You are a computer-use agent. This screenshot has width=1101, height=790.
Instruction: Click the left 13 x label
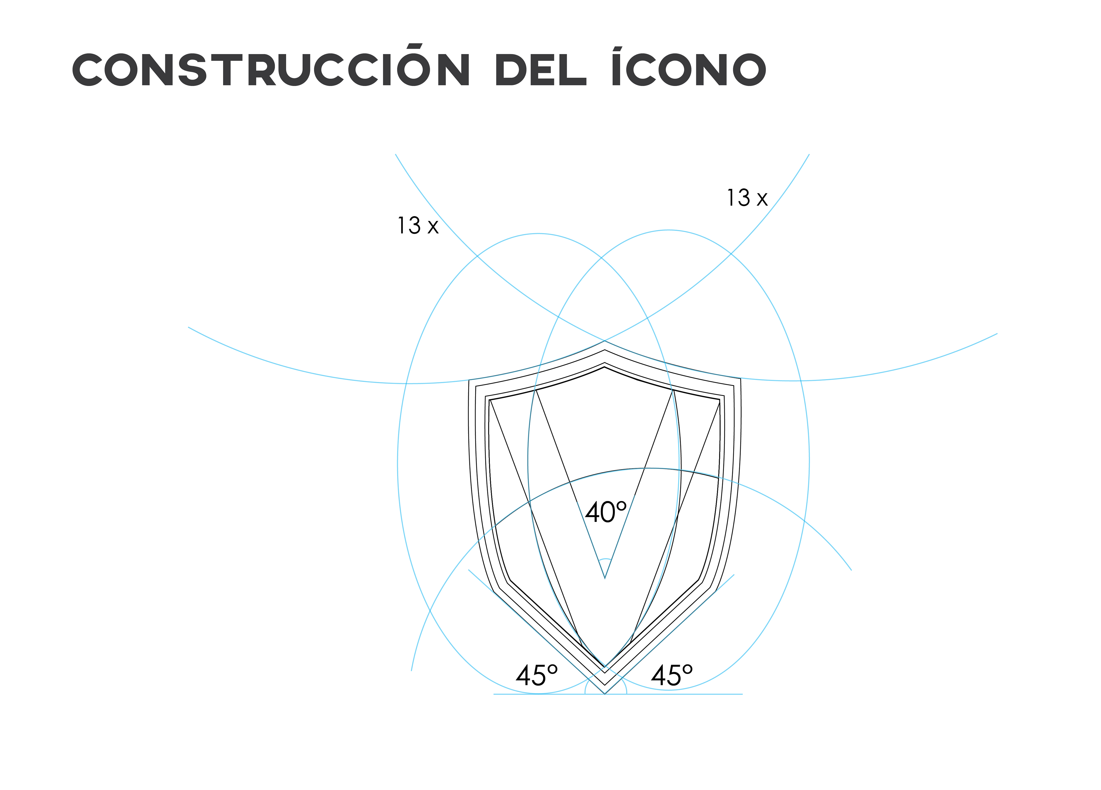point(417,226)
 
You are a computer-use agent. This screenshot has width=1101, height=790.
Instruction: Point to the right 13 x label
point(747,198)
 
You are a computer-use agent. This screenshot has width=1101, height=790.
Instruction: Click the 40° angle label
point(605,512)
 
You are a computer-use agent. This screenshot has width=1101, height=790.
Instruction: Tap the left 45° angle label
point(536,675)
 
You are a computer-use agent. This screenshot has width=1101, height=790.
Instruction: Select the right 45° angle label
point(671,675)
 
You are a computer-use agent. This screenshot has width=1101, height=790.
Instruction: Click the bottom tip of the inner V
point(605,578)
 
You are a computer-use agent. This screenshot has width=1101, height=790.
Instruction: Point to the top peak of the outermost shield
point(605,341)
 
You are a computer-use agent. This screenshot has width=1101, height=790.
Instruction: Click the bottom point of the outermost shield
point(605,693)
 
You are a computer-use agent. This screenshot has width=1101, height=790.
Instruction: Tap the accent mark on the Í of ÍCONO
point(618,48)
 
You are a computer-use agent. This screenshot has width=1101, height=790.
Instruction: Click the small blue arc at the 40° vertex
point(605,560)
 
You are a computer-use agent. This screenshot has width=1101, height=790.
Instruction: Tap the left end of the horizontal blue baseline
point(494,694)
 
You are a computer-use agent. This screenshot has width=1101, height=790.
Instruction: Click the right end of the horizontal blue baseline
point(742,694)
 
